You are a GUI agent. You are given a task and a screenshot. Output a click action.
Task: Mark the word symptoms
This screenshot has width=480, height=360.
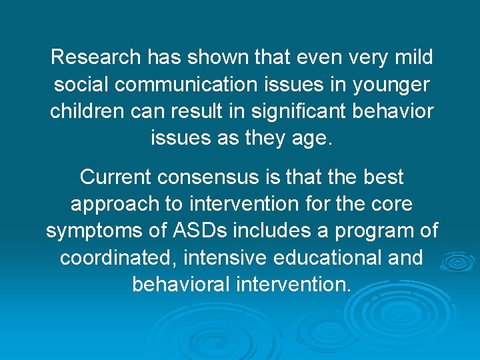tap(90, 231)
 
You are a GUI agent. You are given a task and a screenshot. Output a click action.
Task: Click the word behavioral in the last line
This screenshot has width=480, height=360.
tap(181, 285)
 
